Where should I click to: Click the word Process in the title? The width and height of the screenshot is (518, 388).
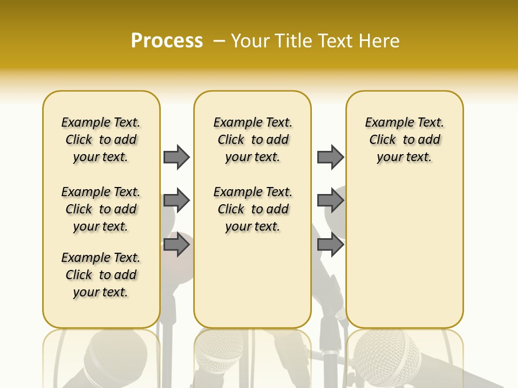(167, 41)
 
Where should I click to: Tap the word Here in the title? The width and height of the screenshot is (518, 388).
(380, 41)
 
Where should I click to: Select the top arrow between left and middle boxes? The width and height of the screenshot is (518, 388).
(176, 157)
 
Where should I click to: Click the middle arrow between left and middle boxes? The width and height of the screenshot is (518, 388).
(176, 201)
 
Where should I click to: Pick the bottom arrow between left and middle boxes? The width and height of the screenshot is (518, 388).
(176, 245)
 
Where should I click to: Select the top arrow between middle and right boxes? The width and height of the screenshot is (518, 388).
(330, 157)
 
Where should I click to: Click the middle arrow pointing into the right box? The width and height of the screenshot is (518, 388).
(330, 201)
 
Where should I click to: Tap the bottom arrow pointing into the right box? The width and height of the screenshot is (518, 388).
(330, 245)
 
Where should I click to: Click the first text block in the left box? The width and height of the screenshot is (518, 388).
(101, 140)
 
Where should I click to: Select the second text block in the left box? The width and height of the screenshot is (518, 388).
(101, 209)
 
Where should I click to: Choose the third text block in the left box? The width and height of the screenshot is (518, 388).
(101, 275)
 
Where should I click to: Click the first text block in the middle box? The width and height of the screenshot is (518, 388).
(253, 140)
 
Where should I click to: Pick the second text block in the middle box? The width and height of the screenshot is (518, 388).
(253, 209)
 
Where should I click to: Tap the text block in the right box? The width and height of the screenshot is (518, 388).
(404, 140)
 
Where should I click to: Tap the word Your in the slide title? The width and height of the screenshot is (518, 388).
(250, 41)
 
